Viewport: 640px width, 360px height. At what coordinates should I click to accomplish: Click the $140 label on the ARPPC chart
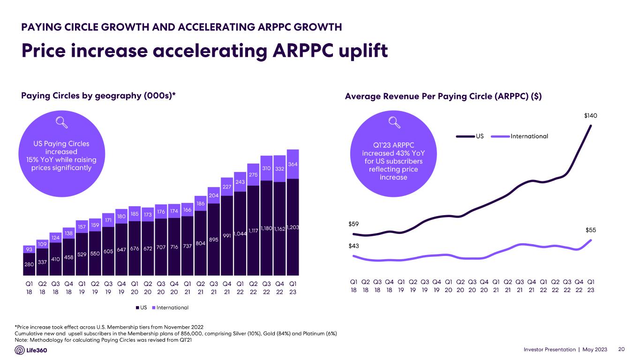coord(590,115)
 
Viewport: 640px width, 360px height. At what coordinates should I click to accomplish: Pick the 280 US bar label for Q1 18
coord(29,265)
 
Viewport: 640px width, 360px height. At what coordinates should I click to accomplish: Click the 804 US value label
coord(200,243)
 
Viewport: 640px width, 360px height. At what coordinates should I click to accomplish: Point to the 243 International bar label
coord(240,182)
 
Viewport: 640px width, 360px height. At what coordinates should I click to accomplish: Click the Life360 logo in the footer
coord(31,350)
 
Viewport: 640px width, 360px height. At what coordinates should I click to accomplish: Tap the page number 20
coord(622,350)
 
